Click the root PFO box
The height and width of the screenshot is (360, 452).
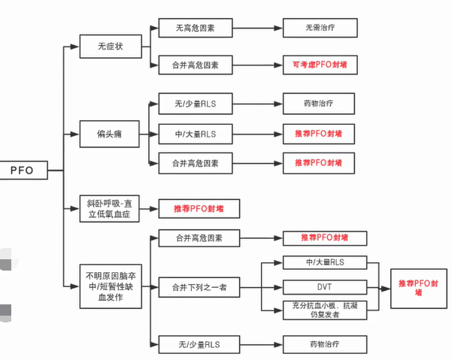pyautogui.click(x=22, y=171)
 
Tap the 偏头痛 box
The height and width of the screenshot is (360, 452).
pyautogui.click(x=110, y=135)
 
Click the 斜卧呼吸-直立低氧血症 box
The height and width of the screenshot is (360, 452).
pyautogui.click(x=110, y=207)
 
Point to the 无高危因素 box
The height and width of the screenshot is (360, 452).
pyautogui.click(x=195, y=29)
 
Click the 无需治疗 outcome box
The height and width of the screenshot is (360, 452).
pyautogui.click(x=319, y=29)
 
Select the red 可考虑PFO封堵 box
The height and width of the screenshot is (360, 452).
pyautogui.click(x=319, y=65)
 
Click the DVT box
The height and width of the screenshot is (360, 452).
pyautogui.click(x=323, y=286)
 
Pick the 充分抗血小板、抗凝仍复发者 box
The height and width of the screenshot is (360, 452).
pyautogui.click(x=323, y=309)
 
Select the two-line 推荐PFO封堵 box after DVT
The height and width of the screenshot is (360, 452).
pyautogui.click(x=419, y=286)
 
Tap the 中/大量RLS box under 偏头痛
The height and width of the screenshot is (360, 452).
pyautogui.click(x=195, y=135)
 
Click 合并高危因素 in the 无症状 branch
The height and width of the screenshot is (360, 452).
pyautogui.click(x=195, y=65)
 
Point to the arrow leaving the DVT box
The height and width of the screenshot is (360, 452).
pyautogui.click(x=376, y=286)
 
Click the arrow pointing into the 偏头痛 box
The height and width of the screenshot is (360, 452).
pyautogui.click(x=73, y=135)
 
